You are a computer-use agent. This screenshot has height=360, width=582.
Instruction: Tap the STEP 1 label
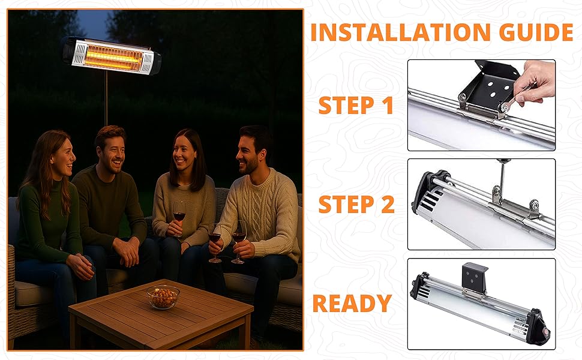tap(356, 106)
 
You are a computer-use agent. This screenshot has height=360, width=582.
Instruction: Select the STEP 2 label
tap(356, 205)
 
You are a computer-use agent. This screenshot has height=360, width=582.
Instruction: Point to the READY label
tap(352, 303)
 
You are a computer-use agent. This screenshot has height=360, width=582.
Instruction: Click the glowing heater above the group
tap(112, 56)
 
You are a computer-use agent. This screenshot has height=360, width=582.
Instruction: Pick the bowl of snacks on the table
tap(163, 296)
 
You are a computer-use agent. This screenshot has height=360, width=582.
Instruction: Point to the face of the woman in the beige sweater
tap(184, 154)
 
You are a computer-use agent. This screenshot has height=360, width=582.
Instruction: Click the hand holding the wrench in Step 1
tap(534, 82)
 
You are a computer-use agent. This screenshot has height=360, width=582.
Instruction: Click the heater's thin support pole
tap(106, 99)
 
